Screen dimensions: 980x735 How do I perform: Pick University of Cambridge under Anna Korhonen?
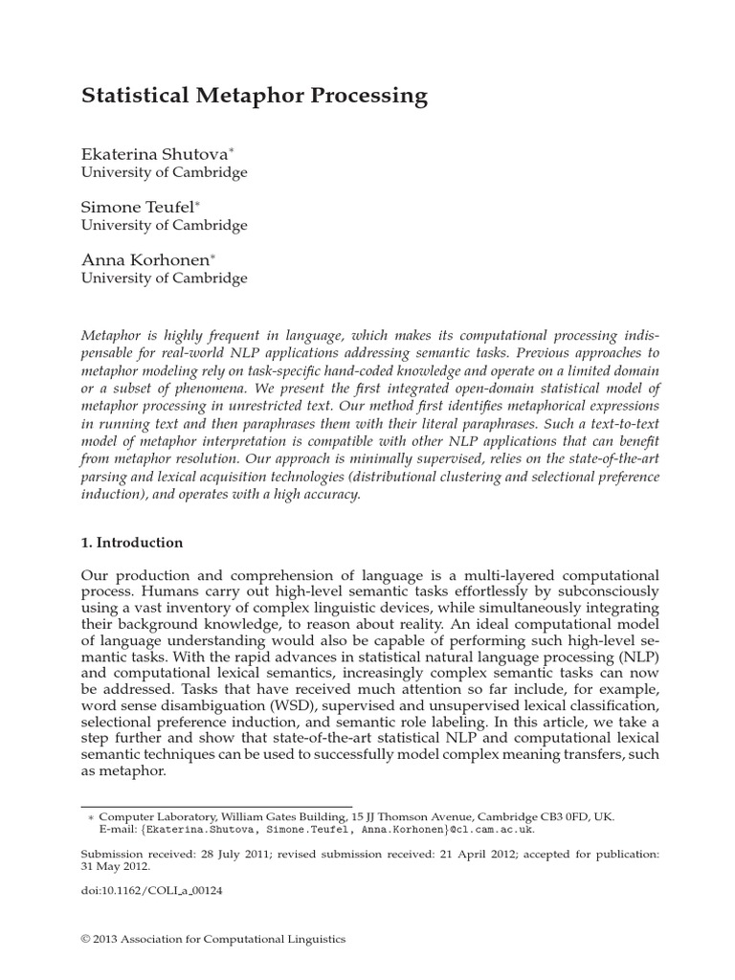[164, 278]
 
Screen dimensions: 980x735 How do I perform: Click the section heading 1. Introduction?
[131, 543]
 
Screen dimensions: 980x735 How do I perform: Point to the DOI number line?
[152, 889]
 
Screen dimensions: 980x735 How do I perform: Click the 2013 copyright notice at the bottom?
[212, 940]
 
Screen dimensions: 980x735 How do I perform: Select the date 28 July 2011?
[245, 851]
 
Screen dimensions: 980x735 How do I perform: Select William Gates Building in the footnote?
[268, 816]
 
